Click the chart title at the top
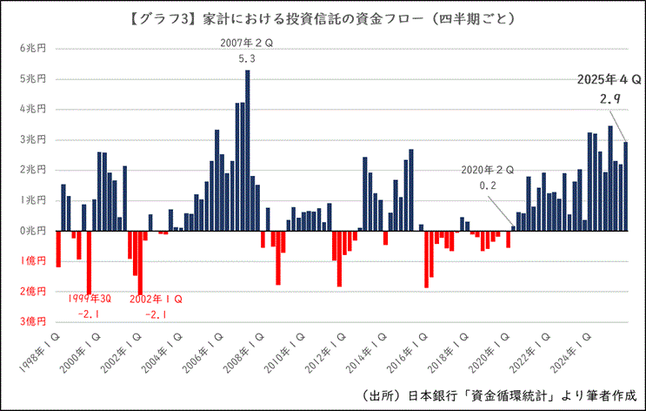(323, 17)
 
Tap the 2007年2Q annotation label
(247, 42)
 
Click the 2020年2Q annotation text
(488, 170)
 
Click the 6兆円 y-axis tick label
(31, 49)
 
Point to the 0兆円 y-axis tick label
(31, 231)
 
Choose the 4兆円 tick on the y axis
(31, 110)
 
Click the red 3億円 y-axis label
(31, 321)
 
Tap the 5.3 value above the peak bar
(247, 58)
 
